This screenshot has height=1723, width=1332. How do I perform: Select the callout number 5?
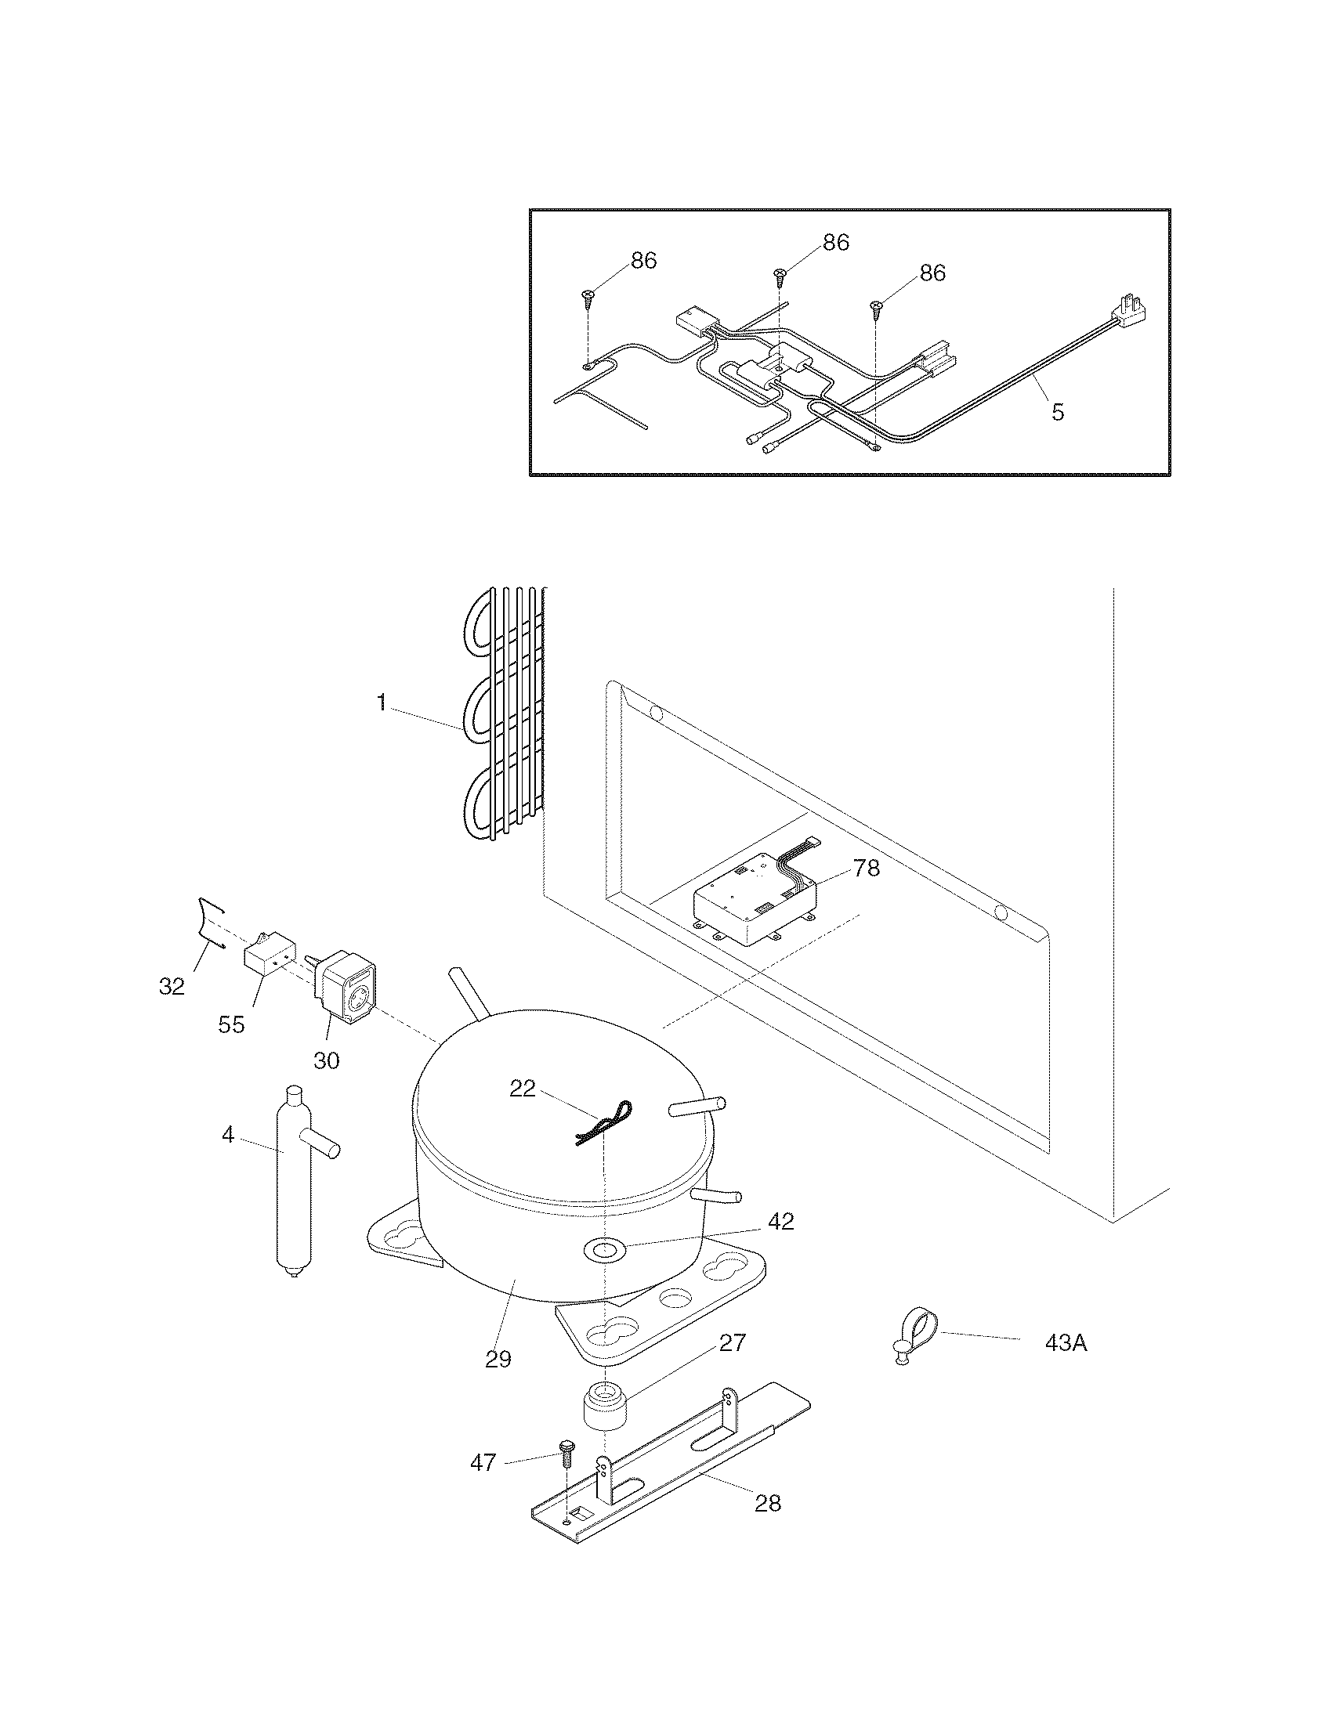[1058, 411]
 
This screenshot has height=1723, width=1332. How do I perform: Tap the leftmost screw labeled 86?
[588, 297]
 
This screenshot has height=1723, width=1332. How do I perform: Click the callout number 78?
[866, 869]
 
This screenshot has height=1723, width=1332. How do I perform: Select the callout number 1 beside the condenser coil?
[381, 703]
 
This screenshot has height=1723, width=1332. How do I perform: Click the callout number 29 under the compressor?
[498, 1359]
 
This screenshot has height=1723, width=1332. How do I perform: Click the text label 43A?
[1066, 1342]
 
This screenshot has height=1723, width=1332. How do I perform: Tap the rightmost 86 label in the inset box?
[932, 273]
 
